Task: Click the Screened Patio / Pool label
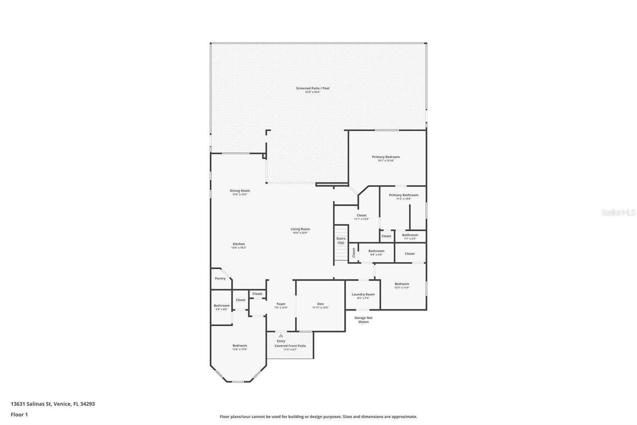click(x=313, y=89)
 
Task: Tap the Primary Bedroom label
click(x=386, y=157)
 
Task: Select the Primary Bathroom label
click(x=404, y=195)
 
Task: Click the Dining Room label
click(x=240, y=191)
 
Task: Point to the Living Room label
click(x=300, y=229)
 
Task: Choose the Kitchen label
click(x=239, y=244)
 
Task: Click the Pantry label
click(x=220, y=278)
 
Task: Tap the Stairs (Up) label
click(x=341, y=240)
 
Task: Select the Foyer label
click(x=281, y=304)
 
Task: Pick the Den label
click(x=320, y=304)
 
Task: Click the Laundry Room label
click(x=363, y=295)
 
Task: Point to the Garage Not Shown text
click(x=363, y=320)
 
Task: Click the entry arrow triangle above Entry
click(x=281, y=336)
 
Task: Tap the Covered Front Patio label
click(x=290, y=346)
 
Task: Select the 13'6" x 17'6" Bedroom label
click(x=240, y=346)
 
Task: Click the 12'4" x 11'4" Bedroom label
click(x=402, y=284)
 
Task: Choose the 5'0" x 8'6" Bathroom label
click(x=222, y=306)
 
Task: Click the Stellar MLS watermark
click(x=618, y=212)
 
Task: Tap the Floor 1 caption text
click(x=19, y=415)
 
